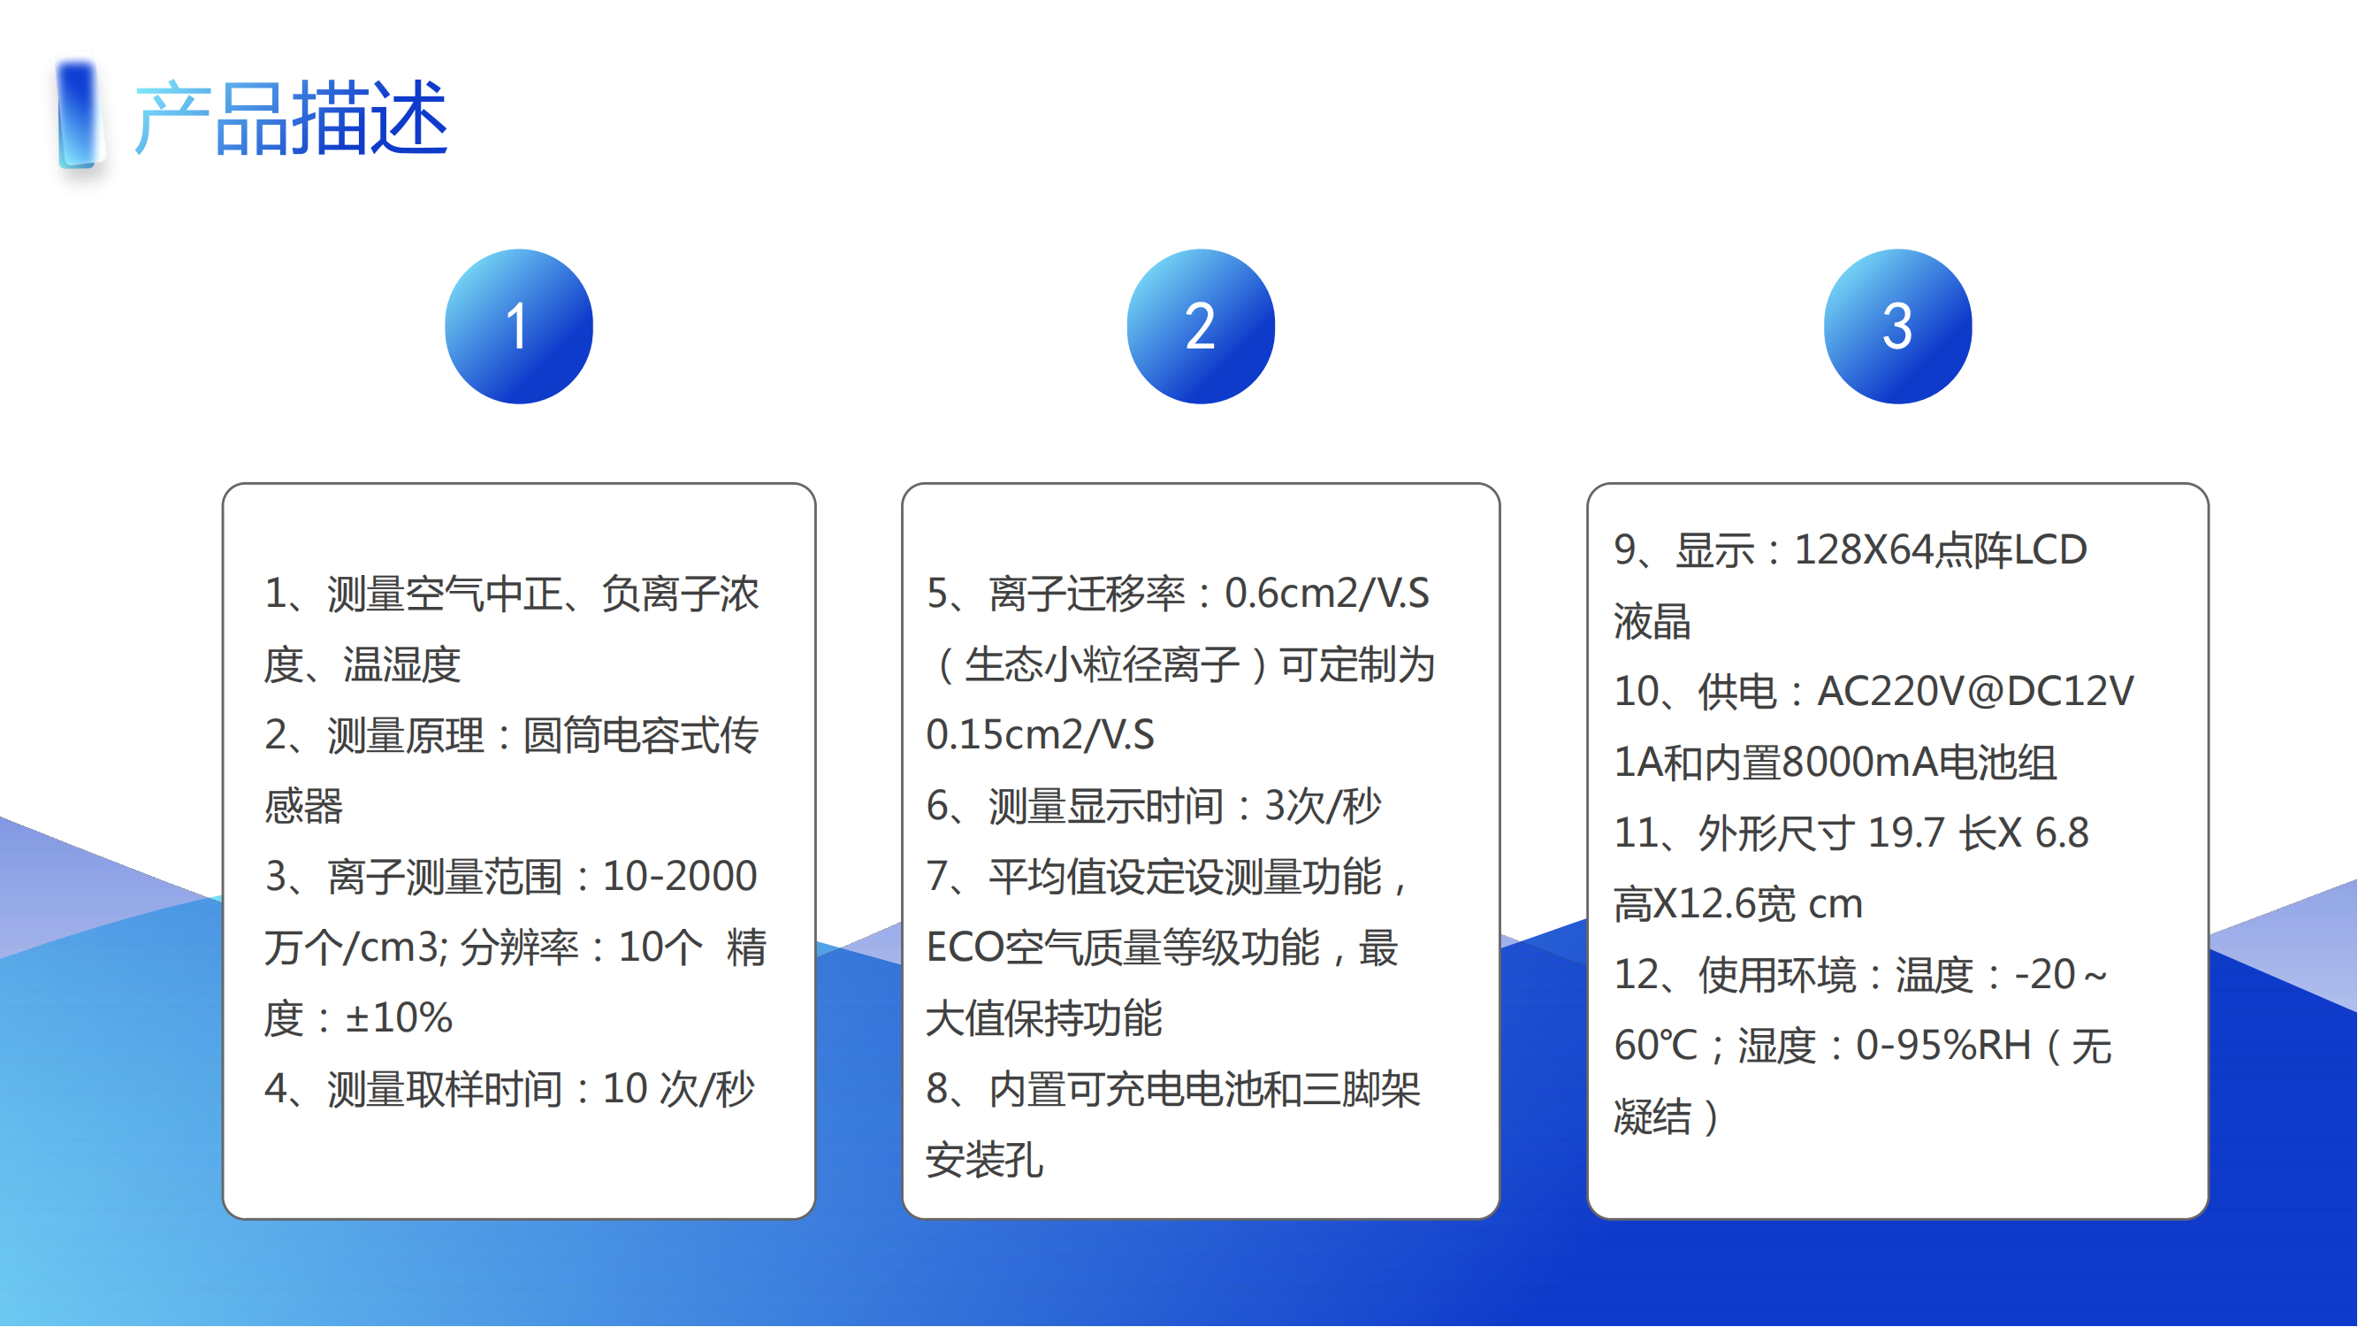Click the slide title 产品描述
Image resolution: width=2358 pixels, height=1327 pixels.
tap(291, 119)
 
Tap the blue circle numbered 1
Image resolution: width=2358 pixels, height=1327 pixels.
tap(519, 326)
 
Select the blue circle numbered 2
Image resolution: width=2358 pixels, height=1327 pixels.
tap(1201, 326)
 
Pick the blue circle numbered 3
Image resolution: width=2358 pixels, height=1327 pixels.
tap(1897, 326)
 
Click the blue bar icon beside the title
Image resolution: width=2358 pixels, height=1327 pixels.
tap(79, 115)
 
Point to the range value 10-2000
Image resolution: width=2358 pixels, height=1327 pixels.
tap(680, 877)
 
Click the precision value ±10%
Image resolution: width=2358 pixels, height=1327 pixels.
tap(398, 1018)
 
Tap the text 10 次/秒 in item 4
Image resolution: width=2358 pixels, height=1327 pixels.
tap(678, 1089)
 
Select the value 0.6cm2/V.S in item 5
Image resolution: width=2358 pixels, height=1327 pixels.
tap(1327, 594)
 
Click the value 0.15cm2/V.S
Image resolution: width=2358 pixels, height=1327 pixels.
tap(1041, 735)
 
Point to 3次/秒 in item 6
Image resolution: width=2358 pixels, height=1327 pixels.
tap(1323, 806)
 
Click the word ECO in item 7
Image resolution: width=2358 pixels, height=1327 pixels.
tap(965, 947)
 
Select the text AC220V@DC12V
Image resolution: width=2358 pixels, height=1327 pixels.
tap(1975, 692)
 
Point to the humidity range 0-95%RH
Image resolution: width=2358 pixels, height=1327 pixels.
tap(1943, 1046)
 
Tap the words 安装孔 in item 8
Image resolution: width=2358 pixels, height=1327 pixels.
tap(985, 1161)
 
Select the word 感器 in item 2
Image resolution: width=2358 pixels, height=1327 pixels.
tap(304, 806)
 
